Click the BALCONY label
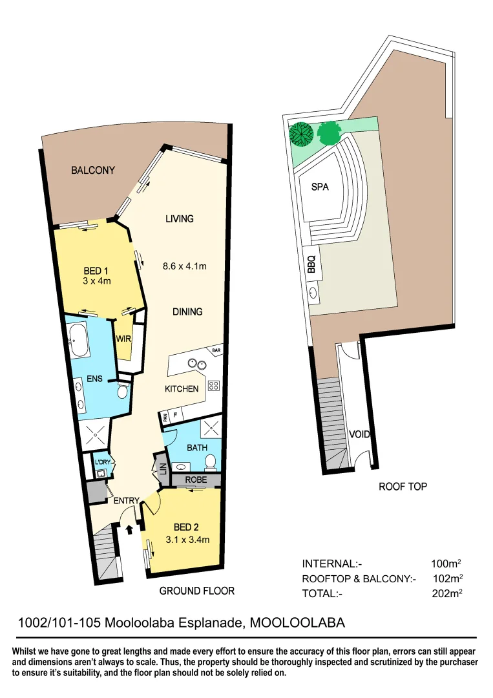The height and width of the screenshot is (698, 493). point(93,171)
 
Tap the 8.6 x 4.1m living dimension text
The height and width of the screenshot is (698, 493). point(184,266)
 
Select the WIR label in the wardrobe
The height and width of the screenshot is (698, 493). point(123,339)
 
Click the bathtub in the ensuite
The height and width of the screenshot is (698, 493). point(79,341)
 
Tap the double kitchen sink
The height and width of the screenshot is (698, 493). point(196,364)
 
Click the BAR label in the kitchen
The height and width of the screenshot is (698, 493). point(215,351)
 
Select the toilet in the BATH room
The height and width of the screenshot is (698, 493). point(211,461)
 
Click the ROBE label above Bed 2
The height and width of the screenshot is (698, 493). point(196,480)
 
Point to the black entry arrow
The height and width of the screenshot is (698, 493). point(129,529)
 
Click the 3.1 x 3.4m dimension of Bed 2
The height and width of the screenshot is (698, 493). point(187,540)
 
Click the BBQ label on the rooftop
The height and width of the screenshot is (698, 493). point(311,264)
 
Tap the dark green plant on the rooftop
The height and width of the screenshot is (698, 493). point(301,134)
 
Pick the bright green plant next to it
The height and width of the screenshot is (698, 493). point(328,133)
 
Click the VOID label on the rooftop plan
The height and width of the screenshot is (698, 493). point(359,434)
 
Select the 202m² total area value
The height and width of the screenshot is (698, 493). point(446,593)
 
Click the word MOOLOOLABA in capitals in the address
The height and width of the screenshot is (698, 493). point(297,623)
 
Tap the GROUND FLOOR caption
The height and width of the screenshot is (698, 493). point(196,591)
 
